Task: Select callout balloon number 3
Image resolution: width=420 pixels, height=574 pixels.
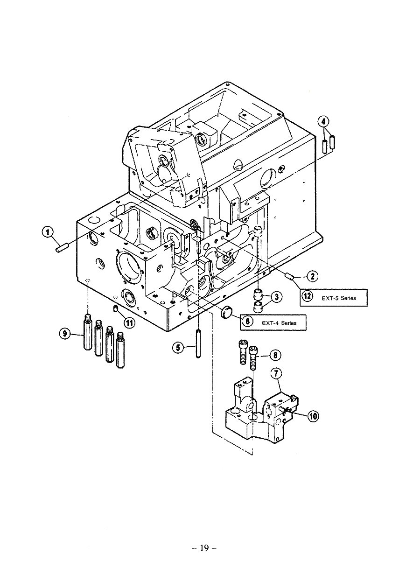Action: pyautogui.click(x=276, y=296)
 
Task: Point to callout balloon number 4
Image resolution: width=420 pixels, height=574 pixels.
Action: pyautogui.click(x=323, y=122)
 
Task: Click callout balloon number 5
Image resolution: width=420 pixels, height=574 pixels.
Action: pyautogui.click(x=178, y=347)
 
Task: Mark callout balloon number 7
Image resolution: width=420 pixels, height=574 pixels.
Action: pyautogui.click(x=276, y=373)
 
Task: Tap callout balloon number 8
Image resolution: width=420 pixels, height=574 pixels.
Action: pyautogui.click(x=275, y=356)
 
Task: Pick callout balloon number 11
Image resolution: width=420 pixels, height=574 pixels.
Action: pyautogui.click(x=129, y=321)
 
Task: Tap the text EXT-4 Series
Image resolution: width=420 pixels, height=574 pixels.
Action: pyautogui.click(x=279, y=322)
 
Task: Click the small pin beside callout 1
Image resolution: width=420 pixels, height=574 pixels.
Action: pyautogui.click(x=62, y=247)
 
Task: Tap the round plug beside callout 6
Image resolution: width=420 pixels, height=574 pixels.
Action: pyautogui.click(x=227, y=312)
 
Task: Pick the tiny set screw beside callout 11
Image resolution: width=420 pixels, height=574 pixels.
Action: pyautogui.click(x=115, y=308)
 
